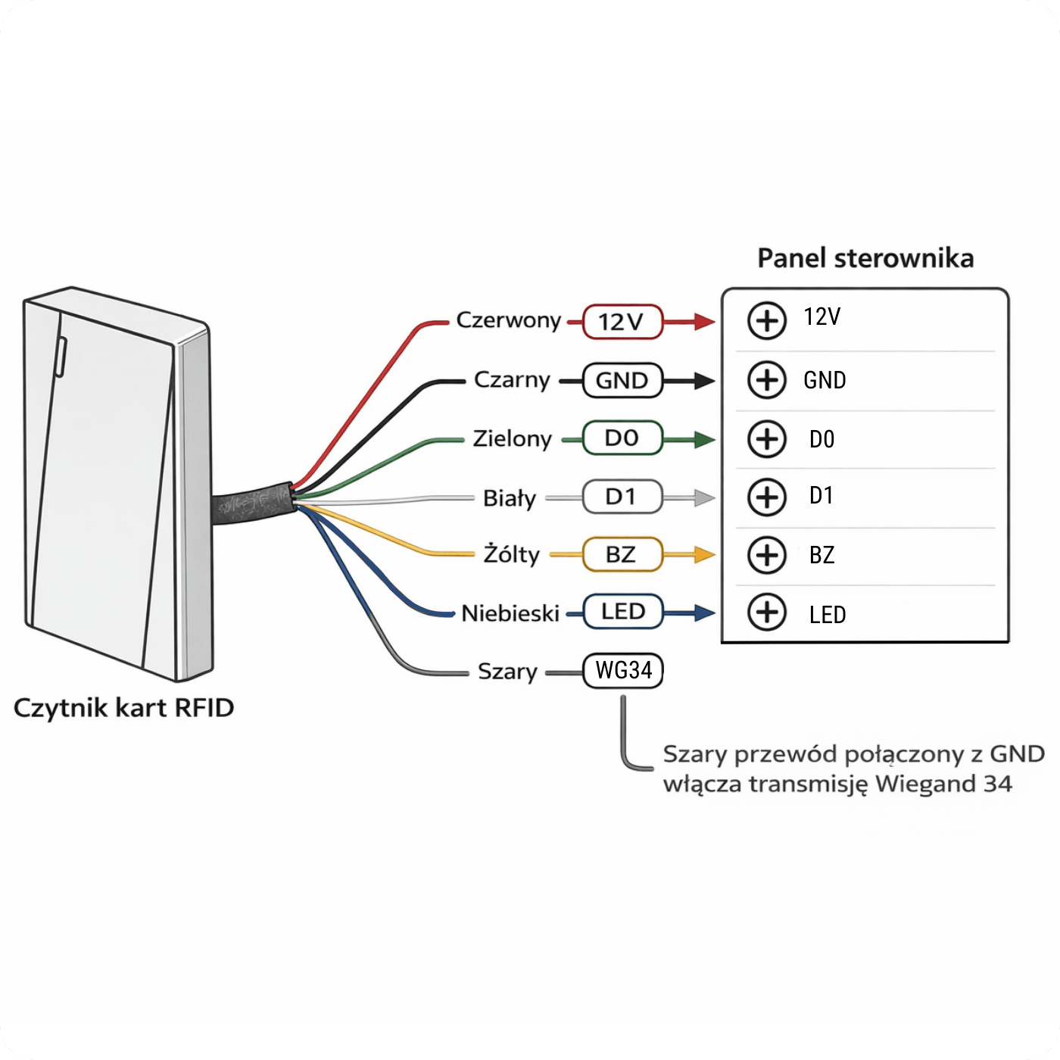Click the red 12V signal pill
coord(622,321)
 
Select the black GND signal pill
coord(622,380)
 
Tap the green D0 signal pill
coord(622,438)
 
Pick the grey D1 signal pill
coord(622,496)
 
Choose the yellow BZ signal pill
coord(622,554)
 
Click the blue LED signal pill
coord(622,611)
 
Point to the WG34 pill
coord(622,671)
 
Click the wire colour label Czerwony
coord(508,320)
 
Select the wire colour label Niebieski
coord(510,613)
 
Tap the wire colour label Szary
coord(507,672)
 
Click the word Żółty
coord(512,554)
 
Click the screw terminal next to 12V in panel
coord(766,321)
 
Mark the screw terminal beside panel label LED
coord(766,613)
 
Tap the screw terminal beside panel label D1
coord(766,497)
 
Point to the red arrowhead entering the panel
coord(704,322)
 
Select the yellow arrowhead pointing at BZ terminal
coord(704,554)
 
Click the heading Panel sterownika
coord(865,258)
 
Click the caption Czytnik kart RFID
coord(123,708)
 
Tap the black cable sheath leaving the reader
coord(253,503)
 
